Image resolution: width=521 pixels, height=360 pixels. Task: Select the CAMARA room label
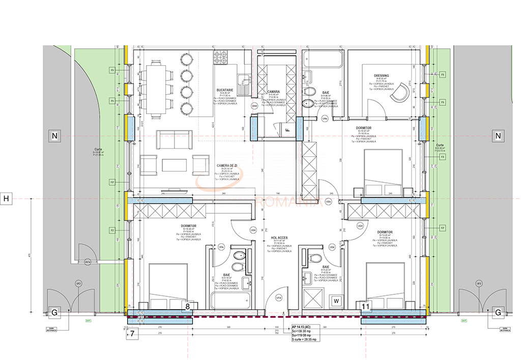click(x=274, y=92)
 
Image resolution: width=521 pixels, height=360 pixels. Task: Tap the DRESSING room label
click(x=382, y=76)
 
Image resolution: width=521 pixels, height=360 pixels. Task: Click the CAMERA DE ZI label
click(x=226, y=166)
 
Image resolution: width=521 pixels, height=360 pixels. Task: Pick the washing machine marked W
click(x=336, y=300)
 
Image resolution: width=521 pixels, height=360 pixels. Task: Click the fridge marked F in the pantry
click(x=287, y=130)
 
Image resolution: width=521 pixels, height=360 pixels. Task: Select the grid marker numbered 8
click(x=188, y=306)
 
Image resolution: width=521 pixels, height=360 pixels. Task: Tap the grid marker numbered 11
click(x=365, y=306)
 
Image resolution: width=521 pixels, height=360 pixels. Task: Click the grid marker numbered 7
click(x=132, y=334)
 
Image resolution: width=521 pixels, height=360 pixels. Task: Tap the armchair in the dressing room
click(x=404, y=91)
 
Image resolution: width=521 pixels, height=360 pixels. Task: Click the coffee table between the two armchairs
click(x=175, y=164)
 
